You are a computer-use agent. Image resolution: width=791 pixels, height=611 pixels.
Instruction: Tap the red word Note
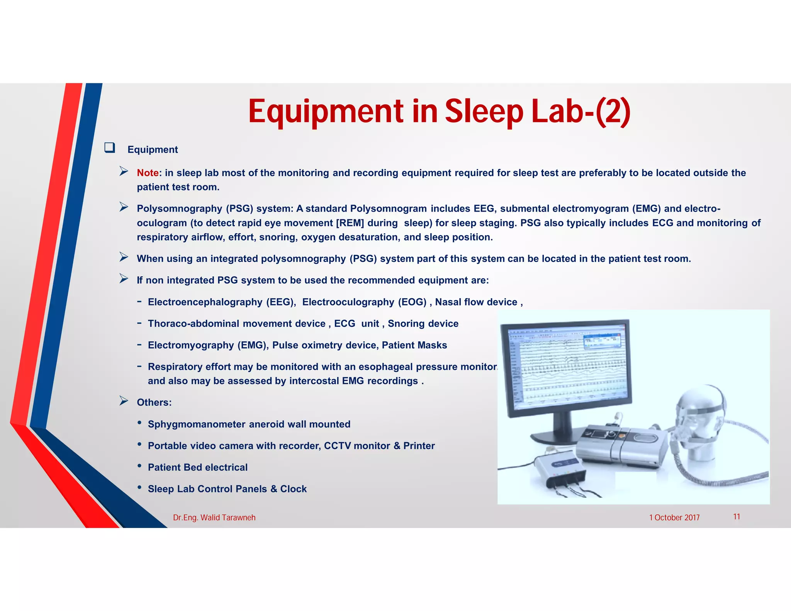[148, 173]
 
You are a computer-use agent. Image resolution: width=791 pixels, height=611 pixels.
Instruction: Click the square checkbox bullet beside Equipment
[110, 148]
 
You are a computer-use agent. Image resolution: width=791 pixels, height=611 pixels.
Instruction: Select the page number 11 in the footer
[737, 517]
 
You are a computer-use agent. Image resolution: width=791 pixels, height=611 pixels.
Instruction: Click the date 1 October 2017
[674, 518]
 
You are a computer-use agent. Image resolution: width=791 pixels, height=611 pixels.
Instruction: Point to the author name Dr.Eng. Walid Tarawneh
[214, 518]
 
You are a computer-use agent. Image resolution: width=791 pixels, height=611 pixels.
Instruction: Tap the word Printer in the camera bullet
[419, 446]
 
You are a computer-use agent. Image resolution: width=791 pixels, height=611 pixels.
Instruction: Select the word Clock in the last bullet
[293, 489]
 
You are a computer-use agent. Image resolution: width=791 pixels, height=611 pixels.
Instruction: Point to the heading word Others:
[154, 402]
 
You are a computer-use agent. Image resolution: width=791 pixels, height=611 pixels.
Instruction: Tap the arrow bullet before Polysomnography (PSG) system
[124, 207]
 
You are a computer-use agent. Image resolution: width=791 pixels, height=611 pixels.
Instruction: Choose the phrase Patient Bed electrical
[197, 467]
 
